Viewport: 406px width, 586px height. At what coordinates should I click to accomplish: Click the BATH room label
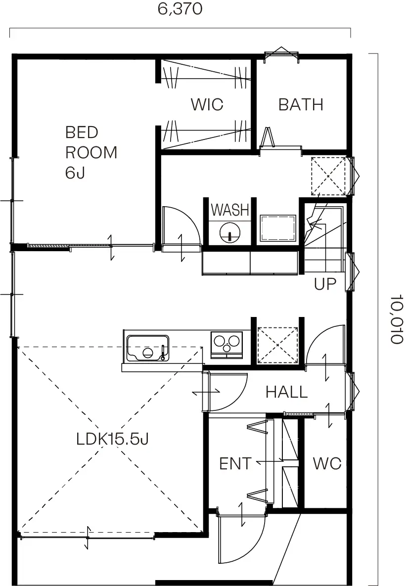click(301, 105)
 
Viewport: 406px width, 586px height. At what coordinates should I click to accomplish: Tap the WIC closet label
click(207, 105)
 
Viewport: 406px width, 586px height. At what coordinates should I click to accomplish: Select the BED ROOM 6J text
click(91, 152)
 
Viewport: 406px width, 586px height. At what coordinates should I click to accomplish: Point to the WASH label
click(230, 210)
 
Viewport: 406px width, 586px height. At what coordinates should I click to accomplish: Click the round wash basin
click(229, 233)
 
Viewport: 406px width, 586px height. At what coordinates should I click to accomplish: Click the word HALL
click(287, 392)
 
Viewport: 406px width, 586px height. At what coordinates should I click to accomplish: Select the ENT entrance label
click(235, 464)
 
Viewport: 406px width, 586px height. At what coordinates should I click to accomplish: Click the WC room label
click(327, 464)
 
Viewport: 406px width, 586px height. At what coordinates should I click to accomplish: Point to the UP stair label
click(325, 284)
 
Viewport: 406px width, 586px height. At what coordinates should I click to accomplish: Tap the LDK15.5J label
click(113, 439)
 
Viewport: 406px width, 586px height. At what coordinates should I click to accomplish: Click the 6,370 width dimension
click(180, 8)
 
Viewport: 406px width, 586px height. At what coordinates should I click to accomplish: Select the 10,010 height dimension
click(398, 319)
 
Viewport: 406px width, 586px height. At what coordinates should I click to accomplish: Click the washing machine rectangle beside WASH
click(278, 228)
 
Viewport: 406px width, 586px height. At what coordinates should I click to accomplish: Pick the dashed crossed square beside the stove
click(278, 345)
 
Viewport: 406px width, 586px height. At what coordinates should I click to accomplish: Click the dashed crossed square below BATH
click(328, 176)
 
